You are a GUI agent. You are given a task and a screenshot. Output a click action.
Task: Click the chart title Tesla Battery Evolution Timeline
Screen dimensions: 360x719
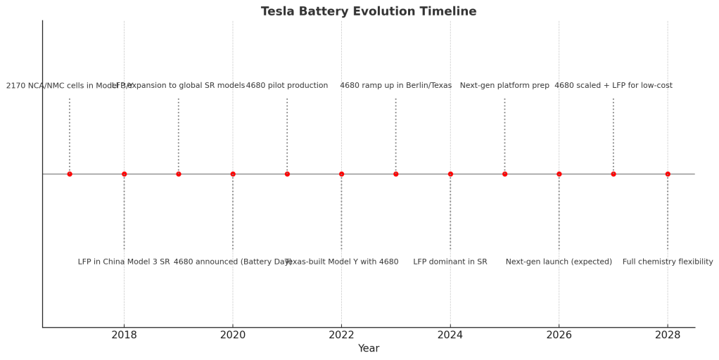(x=368, y=12)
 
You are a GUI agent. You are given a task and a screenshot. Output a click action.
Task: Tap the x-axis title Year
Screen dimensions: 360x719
(x=368, y=349)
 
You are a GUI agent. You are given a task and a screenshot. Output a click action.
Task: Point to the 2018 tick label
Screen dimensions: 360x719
(x=124, y=335)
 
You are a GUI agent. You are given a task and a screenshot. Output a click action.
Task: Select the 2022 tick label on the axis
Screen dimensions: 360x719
(x=341, y=335)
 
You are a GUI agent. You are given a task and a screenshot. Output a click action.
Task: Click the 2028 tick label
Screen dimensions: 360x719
(x=668, y=335)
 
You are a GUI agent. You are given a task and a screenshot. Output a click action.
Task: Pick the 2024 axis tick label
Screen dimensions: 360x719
(x=450, y=335)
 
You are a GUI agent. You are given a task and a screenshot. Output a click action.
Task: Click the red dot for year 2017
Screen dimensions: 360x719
(x=70, y=174)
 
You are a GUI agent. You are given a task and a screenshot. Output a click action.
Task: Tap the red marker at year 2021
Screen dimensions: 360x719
(x=287, y=174)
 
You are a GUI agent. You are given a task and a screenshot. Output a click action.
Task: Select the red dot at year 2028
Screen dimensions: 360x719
(x=668, y=174)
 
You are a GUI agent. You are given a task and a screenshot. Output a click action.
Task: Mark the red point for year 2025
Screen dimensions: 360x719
(x=504, y=174)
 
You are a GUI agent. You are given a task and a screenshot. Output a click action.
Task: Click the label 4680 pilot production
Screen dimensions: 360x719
(x=287, y=86)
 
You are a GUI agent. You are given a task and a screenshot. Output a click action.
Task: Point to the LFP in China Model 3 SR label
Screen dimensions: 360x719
(x=124, y=262)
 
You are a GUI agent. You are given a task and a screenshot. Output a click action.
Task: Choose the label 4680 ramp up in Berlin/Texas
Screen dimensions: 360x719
(x=395, y=86)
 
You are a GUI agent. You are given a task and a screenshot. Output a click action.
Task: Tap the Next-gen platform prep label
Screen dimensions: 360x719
(x=504, y=86)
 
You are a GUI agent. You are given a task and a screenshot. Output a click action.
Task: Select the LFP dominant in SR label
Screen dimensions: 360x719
(x=450, y=262)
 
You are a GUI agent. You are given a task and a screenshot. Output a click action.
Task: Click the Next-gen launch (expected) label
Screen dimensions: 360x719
(x=559, y=262)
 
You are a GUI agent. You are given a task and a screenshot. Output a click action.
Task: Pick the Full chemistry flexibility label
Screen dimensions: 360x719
(x=668, y=262)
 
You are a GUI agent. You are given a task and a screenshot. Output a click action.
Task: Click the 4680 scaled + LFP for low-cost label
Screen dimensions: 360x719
(x=613, y=86)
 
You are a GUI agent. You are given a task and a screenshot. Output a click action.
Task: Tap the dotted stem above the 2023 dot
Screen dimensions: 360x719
(x=395, y=134)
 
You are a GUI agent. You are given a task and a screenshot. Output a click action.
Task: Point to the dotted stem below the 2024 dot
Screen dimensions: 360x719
(x=450, y=211)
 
